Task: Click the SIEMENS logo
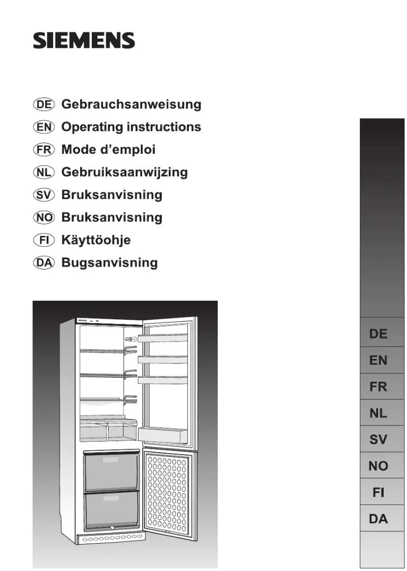tap(84, 41)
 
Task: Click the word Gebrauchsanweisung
tap(131, 105)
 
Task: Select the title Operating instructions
tap(131, 127)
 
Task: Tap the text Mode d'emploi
tap(108, 149)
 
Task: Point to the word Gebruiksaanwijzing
tap(124, 172)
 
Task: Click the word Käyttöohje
tap(96, 240)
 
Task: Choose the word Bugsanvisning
tap(109, 262)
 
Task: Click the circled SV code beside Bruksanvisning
tap(43, 195)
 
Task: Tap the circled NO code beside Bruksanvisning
tap(43, 217)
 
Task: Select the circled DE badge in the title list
tap(43, 105)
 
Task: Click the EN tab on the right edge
tap(378, 360)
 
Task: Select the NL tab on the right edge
tap(378, 413)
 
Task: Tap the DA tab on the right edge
tap(378, 519)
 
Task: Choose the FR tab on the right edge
tap(378, 387)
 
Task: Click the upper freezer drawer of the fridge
tap(111, 471)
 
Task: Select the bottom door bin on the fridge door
tap(162, 434)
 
